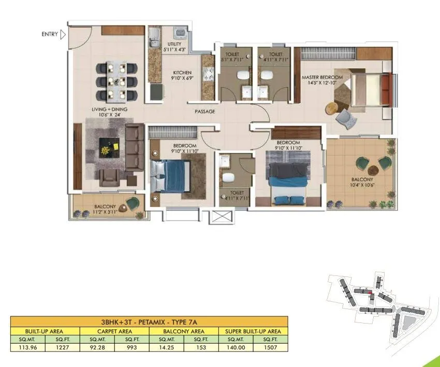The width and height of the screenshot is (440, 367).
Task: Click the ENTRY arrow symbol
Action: click(x=63, y=35)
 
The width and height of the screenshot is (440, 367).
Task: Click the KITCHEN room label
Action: click(x=182, y=73)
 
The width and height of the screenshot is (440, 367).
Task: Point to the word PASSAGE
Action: click(x=204, y=111)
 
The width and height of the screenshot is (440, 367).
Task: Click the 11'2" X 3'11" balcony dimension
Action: click(x=106, y=211)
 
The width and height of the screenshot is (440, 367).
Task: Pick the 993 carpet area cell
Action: click(x=132, y=347)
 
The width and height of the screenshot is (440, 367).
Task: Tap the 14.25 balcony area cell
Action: click(x=166, y=347)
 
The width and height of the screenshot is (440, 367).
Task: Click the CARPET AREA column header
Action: click(x=114, y=331)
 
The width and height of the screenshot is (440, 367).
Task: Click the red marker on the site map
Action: click(x=371, y=293)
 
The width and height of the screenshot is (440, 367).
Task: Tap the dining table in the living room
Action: click(x=117, y=81)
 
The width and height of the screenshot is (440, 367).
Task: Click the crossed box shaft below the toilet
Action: click(x=217, y=216)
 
